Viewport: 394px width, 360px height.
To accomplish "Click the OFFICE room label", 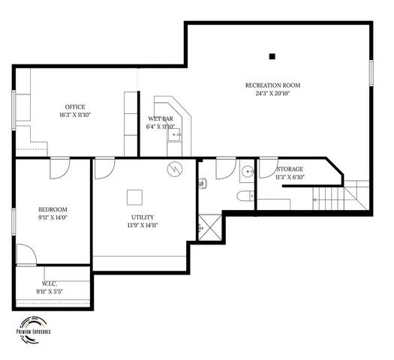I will (74, 106).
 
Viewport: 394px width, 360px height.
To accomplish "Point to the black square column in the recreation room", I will (272, 55).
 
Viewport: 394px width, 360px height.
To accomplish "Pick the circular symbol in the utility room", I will (175, 169).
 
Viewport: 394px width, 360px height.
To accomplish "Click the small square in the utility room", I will (134, 196).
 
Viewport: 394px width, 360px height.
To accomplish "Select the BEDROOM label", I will (53, 209).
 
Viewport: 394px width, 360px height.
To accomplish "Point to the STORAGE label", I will (290, 169).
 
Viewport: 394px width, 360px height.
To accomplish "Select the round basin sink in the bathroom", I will (248, 171).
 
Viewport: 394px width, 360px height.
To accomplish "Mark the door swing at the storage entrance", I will (267, 166).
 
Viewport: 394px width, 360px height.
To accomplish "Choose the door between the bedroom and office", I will (59, 168).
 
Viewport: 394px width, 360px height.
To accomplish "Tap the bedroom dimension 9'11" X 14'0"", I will (53, 217).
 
